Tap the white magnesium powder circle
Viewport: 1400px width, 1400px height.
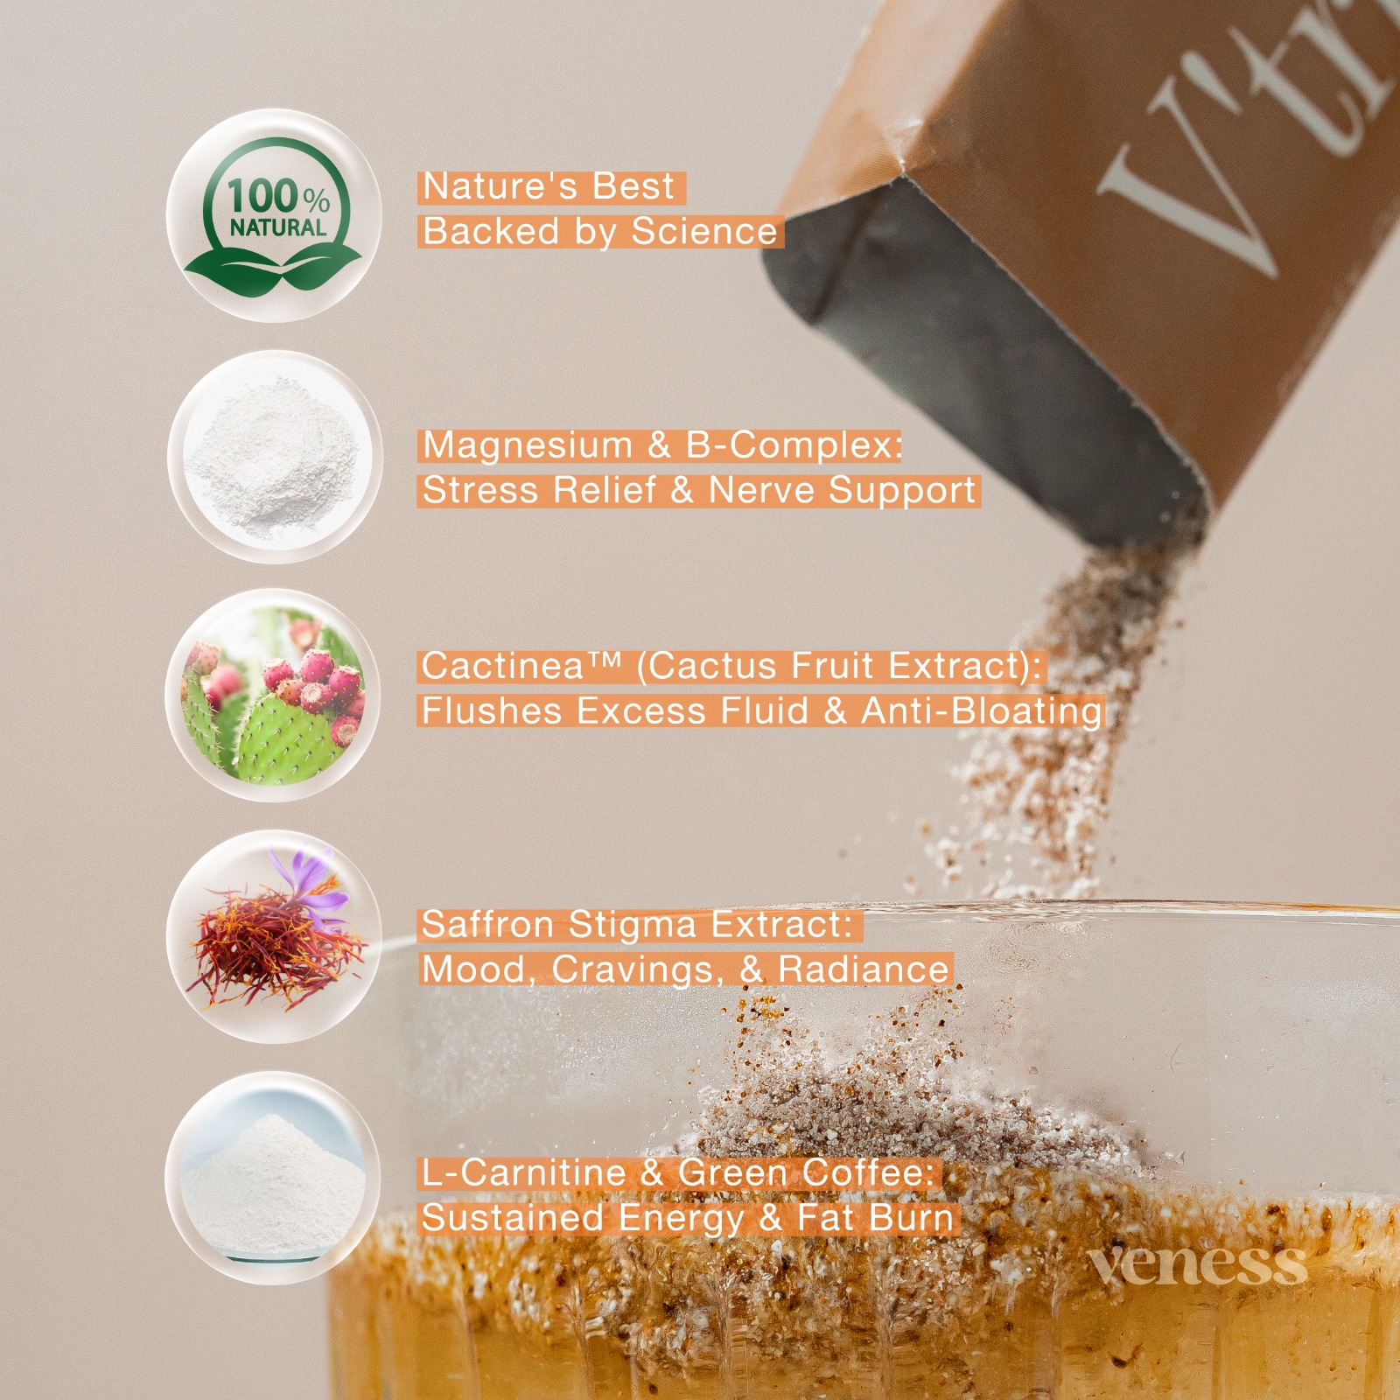(x=275, y=457)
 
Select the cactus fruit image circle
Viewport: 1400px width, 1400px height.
(x=273, y=696)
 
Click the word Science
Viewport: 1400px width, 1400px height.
(x=704, y=232)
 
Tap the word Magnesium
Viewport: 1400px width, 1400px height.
(x=527, y=445)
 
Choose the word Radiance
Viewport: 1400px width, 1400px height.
(x=864, y=969)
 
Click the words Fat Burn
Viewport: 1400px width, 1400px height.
(x=875, y=1218)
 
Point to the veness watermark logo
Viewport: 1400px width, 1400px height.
(x=1197, y=1265)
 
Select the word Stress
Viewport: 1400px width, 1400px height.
(x=480, y=490)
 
